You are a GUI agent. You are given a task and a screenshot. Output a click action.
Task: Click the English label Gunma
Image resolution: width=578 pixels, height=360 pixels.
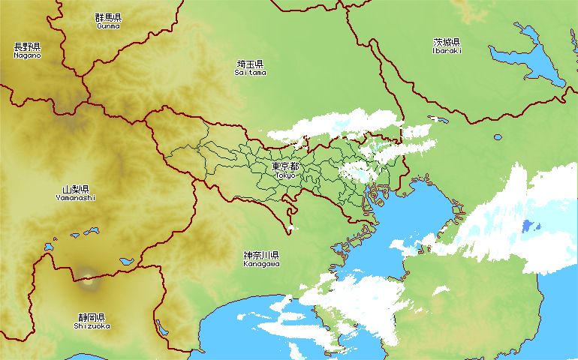pyautogui.click(x=108, y=25)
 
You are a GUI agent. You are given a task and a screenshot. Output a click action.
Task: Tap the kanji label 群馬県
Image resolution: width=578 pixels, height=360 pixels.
pyautogui.click(x=108, y=17)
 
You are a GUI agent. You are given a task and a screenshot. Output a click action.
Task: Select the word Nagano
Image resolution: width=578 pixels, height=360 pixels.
pyautogui.click(x=27, y=55)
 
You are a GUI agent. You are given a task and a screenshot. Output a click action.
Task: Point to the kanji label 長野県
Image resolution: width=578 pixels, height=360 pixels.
pyautogui.click(x=27, y=46)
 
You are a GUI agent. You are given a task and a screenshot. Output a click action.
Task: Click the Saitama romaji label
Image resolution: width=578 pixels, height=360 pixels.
pyautogui.click(x=250, y=73)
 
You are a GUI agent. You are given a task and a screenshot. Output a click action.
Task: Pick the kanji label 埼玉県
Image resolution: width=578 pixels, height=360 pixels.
pyautogui.click(x=250, y=64)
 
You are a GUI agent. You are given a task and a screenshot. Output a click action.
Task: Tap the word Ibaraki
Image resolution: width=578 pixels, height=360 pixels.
pyautogui.click(x=447, y=51)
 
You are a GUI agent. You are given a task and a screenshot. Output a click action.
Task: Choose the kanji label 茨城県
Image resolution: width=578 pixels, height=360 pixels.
pyautogui.click(x=447, y=42)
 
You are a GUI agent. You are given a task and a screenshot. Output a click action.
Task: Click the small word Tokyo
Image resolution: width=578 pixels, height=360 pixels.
pyautogui.click(x=285, y=175)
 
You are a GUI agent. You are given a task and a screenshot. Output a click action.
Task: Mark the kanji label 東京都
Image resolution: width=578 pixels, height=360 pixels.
pyautogui.click(x=285, y=166)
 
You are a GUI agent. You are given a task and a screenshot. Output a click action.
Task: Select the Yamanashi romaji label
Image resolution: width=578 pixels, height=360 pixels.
pyautogui.click(x=76, y=198)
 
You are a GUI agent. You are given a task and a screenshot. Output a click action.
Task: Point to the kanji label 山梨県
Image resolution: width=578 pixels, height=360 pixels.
pyautogui.click(x=76, y=190)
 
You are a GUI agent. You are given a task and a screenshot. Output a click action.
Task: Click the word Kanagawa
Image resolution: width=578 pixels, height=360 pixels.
pyautogui.click(x=261, y=264)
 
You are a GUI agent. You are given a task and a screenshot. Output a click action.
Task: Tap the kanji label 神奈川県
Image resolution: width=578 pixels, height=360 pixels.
pyautogui.click(x=261, y=256)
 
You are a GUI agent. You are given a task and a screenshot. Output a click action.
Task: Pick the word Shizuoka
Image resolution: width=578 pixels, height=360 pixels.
pyautogui.click(x=92, y=326)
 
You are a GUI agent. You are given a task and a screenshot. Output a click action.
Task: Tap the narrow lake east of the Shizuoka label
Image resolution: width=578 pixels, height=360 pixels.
pyautogui.click(x=162, y=328)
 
